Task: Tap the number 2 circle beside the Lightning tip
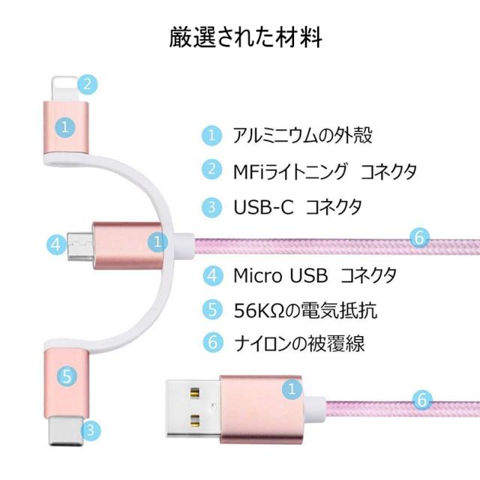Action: click(89, 83)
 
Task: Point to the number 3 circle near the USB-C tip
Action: click(90, 430)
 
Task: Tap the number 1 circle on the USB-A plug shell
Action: click(289, 388)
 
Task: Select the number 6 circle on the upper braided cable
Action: click(421, 238)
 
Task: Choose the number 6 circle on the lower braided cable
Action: click(421, 400)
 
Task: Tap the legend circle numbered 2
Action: click(214, 170)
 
